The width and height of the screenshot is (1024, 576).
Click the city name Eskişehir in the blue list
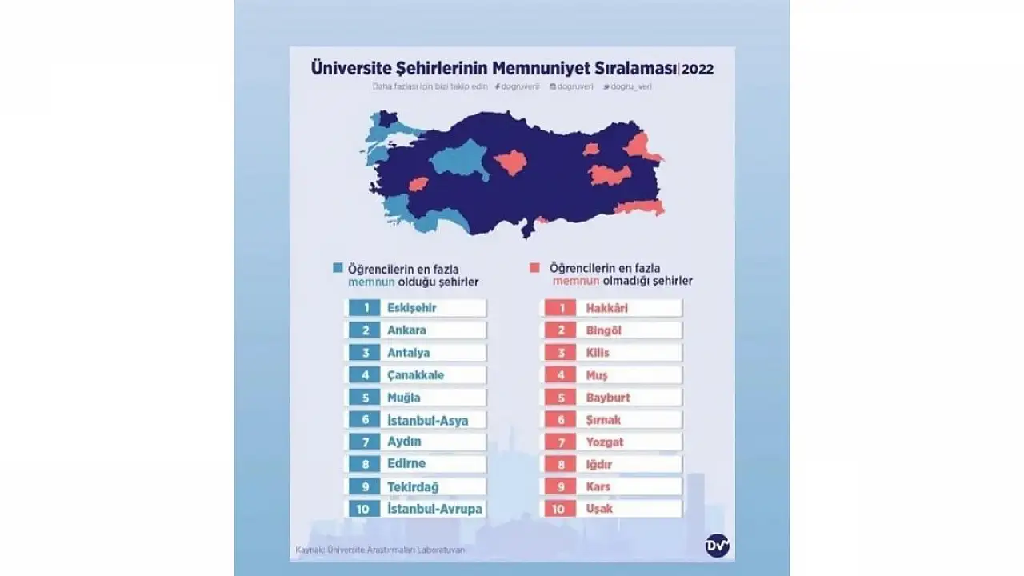[411, 308]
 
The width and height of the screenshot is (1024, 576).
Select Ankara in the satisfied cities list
[406, 330]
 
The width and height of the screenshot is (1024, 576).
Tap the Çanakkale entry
[414, 375]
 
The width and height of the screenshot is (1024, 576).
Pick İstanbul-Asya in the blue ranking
[426, 420]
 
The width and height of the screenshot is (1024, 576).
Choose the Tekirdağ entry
[412, 486]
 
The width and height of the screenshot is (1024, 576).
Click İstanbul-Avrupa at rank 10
[434, 509]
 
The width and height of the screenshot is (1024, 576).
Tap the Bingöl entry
[603, 330]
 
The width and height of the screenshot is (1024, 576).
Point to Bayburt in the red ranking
[607, 398]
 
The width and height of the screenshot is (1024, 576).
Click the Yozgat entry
[604, 442]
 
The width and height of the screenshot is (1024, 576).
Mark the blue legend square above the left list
[338, 269]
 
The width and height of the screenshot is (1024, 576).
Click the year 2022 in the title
[698, 70]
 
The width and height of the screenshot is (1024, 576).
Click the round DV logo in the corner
[714, 545]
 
